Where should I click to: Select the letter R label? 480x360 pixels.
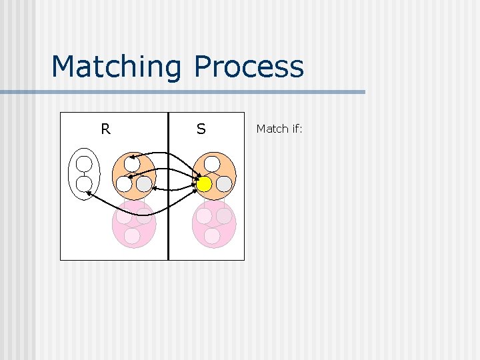(x=105, y=129)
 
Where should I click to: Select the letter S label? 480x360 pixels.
(x=201, y=129)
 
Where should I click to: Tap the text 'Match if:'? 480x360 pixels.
(x=279, y=129)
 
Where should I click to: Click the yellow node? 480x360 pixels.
(x=204, y=183)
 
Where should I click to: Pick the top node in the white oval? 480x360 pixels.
(x=84, y=164)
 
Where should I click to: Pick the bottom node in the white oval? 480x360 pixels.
(x=84, y=184)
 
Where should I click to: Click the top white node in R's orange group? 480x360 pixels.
(x=132, y=163)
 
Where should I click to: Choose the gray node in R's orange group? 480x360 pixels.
(x=144, y=183)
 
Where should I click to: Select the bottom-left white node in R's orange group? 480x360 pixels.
(x=124, y=183)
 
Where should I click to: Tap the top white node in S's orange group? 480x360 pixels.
(x=212, y=163)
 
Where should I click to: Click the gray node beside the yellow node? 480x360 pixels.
(x=224, y=183)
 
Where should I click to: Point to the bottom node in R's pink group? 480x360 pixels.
(x=132, y=236)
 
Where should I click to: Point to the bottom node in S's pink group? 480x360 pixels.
(x=212, y=236)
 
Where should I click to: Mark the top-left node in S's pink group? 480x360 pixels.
(x=204, y=216)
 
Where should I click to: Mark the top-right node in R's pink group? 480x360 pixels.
(x=144, y=216)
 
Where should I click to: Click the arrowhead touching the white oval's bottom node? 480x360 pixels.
(x=89, y=193)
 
